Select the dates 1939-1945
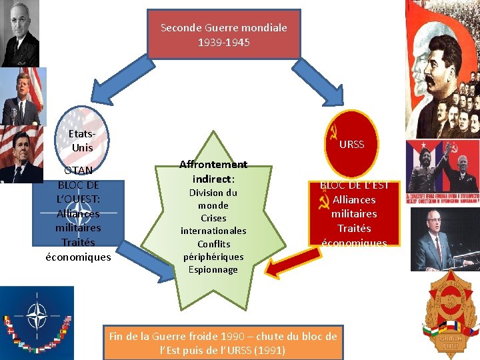[223, 42]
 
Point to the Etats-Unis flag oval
[82, 139]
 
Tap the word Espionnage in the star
[213, 269]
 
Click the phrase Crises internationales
[213, 224]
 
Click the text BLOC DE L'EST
[354, 185]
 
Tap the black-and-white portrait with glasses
[20, 33]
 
